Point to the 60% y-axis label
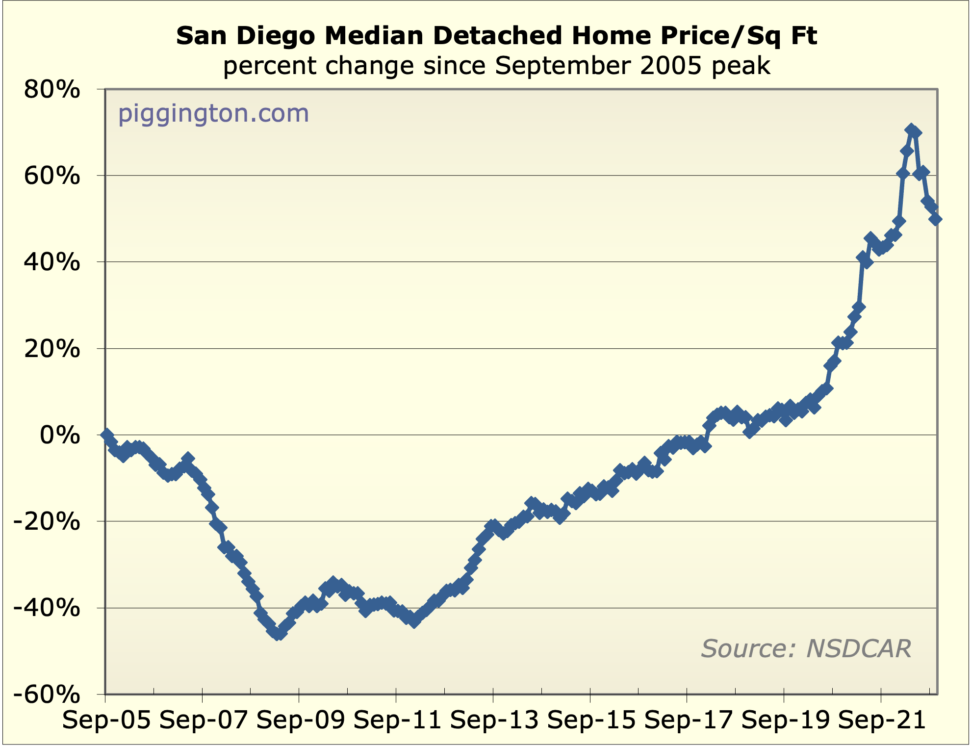click(52, 176)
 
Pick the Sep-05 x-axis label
click(106, 720)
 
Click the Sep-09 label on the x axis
click(300, 720)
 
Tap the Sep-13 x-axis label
click(494, 720)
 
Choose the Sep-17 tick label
click(688, 720)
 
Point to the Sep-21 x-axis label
click(882, 720)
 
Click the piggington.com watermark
click(214, 114)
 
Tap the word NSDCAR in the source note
click(859, 648)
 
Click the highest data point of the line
click(911, 130)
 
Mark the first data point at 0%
click(106, 435)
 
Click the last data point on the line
click(935, 219)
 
